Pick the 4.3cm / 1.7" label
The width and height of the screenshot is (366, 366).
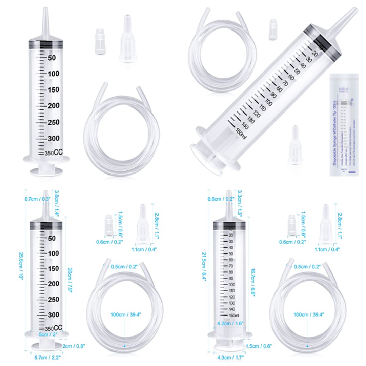point(230,357)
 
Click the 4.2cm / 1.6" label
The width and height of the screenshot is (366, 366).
point(230,323)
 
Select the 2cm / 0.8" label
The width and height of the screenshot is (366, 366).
point(74,346)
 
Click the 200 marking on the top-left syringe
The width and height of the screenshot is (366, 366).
point(54,106)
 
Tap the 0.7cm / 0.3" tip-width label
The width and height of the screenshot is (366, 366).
point(37,199)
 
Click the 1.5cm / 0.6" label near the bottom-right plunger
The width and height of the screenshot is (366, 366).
point(259,346)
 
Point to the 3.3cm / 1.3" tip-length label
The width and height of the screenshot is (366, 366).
point(240,203)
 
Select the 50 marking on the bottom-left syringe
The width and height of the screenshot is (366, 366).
point(52,238)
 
